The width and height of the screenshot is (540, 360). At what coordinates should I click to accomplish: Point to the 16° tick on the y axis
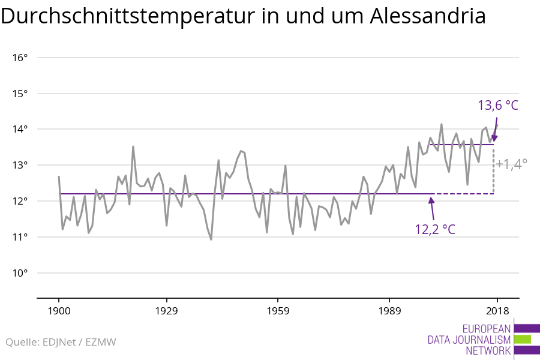20,58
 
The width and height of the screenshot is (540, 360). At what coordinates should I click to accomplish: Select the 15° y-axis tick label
20,94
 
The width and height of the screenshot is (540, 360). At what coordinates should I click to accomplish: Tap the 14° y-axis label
20,129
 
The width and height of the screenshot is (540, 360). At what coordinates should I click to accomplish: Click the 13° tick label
20,165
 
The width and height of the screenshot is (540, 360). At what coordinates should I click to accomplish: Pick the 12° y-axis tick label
20,201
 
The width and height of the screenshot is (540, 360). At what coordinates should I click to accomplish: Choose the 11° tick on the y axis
20,237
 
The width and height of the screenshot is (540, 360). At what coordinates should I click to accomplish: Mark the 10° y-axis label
20,273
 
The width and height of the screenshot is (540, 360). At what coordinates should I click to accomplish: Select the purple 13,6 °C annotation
497,106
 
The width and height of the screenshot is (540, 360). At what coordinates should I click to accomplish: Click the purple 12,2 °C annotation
435,229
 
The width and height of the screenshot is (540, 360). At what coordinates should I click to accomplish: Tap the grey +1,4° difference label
511,163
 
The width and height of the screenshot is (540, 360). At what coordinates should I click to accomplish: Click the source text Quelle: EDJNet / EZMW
61,343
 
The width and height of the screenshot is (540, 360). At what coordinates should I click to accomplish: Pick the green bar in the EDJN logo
522,339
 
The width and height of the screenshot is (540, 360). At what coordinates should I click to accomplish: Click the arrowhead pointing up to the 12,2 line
431,200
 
